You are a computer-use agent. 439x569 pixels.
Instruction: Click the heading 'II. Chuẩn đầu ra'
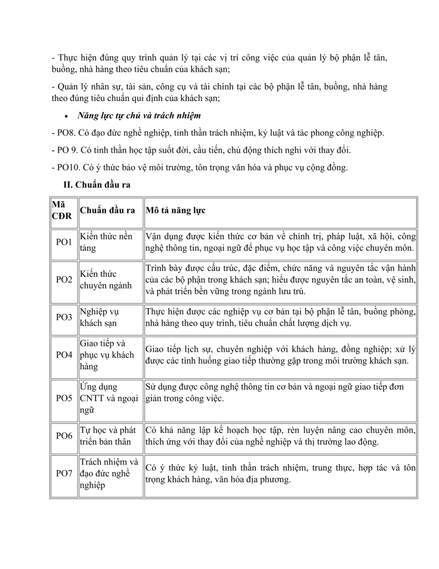pos(97,185)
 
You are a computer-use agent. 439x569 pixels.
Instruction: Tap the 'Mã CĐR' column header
pos(62,210)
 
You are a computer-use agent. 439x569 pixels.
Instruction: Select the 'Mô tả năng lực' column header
pos(175,210)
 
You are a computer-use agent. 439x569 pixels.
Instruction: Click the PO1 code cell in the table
pos(64,242)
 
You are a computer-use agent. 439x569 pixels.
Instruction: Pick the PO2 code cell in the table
pos(64,280)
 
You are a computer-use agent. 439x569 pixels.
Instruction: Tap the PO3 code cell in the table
pos(64,317)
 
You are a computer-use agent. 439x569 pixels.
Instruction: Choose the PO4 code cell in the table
pos(64,355)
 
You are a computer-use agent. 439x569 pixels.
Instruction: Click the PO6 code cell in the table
pos(64,436)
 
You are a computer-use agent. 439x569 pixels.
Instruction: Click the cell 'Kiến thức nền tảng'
pos(106,242)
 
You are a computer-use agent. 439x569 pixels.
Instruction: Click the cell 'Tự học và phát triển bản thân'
pos(108,436)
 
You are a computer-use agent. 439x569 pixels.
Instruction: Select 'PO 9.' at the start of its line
pos(67,150)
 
